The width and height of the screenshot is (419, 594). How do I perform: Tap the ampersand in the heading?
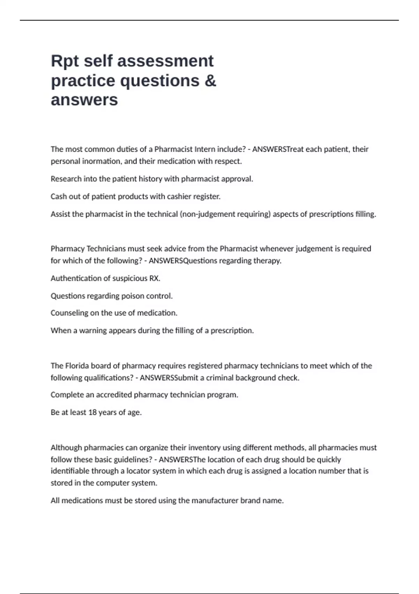(209, 81)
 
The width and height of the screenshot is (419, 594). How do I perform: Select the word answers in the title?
(84, 100)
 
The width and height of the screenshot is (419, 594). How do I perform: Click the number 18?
(92, 412)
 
